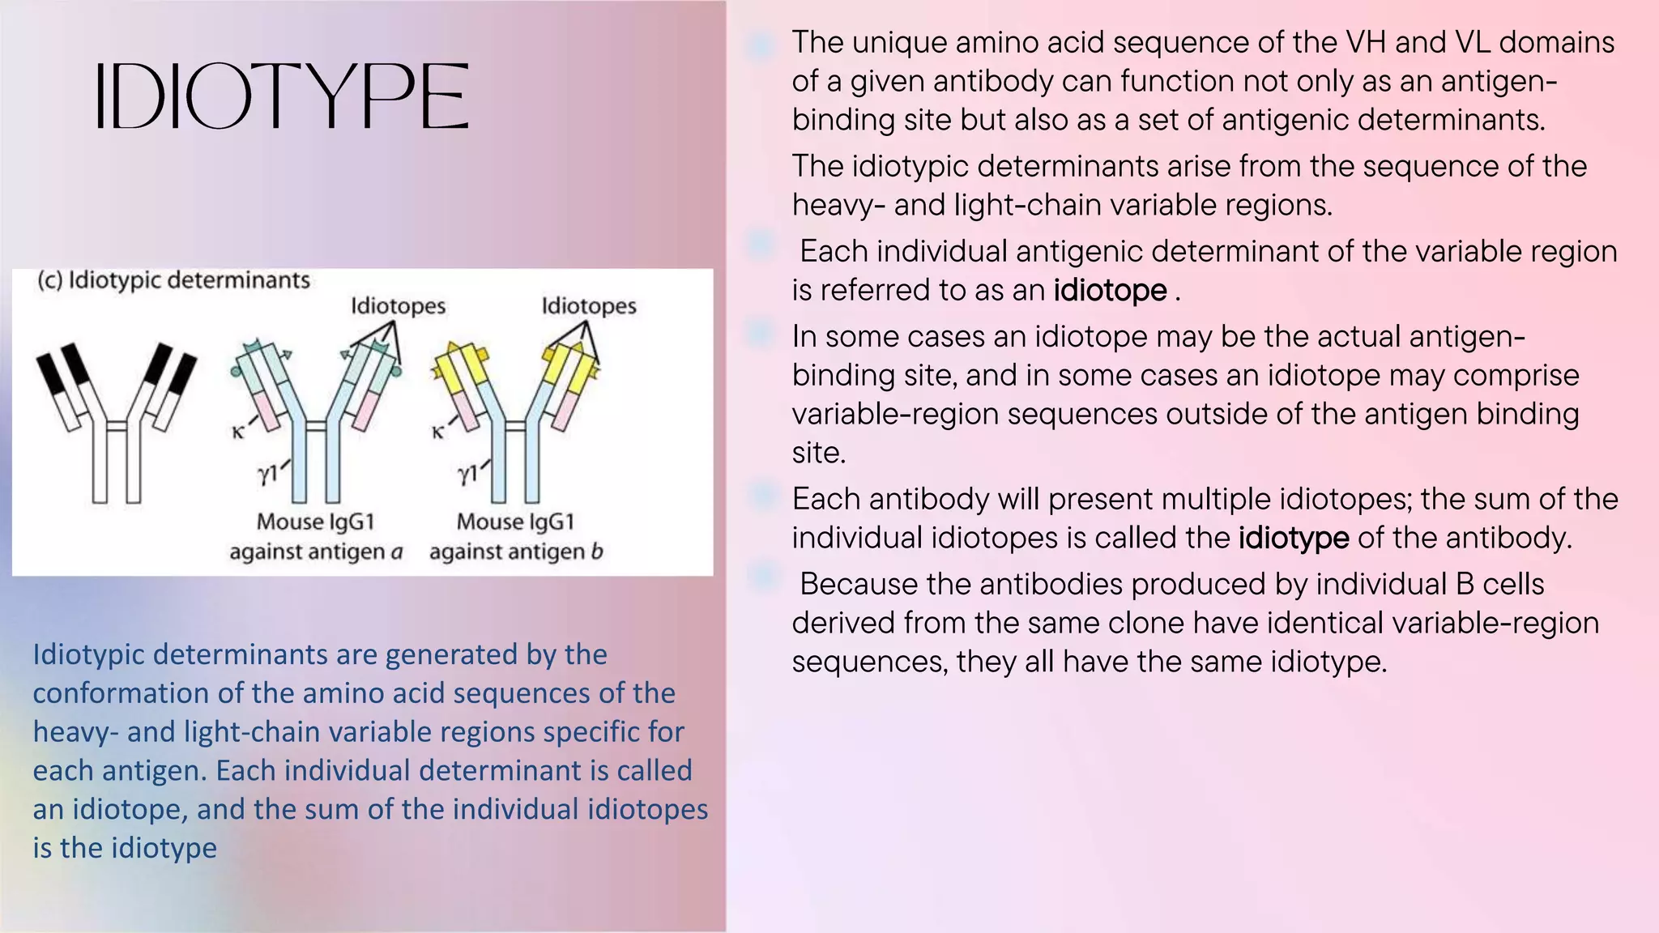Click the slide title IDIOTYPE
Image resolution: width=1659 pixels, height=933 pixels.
(282, 97)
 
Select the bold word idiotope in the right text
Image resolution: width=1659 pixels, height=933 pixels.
(1110, 290)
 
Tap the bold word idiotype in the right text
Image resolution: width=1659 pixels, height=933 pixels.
(1293, 538)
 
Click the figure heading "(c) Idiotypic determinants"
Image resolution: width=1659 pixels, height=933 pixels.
(173, 280)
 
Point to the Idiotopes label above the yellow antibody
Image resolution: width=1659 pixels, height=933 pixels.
(588, 306)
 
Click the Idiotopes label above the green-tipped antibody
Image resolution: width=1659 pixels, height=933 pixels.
(398, 306)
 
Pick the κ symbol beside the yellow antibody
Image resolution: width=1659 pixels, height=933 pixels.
(438, 432)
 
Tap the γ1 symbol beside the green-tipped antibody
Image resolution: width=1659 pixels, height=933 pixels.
(268, 473)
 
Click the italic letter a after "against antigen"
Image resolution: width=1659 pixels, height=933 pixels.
(396, 552)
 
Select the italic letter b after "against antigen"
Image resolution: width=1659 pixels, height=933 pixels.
(596, 552)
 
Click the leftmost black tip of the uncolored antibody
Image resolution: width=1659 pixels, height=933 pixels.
(49, 373)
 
